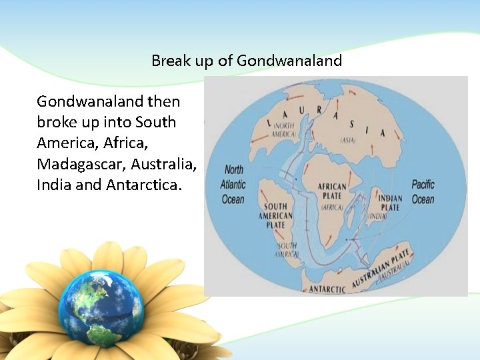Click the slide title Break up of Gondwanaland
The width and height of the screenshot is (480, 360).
click(247, 61)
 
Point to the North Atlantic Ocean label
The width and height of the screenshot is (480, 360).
click(233, 184)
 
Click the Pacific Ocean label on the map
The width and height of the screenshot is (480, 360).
click(423, 191)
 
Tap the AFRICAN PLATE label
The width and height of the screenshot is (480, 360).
click(331, 192)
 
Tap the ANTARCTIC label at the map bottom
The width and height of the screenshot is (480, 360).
click(327, 289)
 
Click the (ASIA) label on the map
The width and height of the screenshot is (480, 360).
click(348, 141)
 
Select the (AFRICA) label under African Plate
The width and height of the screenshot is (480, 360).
click(331, 207)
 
